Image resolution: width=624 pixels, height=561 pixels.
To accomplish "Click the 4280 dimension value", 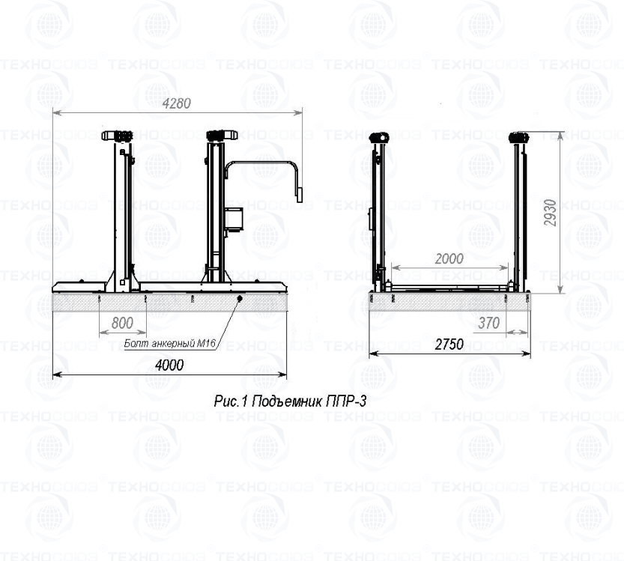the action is coord(177,103).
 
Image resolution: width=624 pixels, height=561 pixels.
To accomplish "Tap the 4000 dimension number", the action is coord(169,365).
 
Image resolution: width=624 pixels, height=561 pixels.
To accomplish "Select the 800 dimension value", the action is coord(123,323).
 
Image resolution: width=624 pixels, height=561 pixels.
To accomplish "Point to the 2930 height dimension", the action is coord(550,213).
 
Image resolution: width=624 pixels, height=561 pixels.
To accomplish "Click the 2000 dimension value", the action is coord(449,259).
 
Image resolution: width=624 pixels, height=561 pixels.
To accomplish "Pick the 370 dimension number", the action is coord(488,323).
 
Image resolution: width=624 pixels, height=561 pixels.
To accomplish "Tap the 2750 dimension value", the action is coord(449,344).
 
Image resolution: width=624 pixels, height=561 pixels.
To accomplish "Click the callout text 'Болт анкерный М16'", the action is coord(170,343).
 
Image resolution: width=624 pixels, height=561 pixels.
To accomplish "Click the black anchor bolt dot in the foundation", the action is coord(240,298).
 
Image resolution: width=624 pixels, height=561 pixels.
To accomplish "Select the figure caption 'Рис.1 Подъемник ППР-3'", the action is coord(290,401).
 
